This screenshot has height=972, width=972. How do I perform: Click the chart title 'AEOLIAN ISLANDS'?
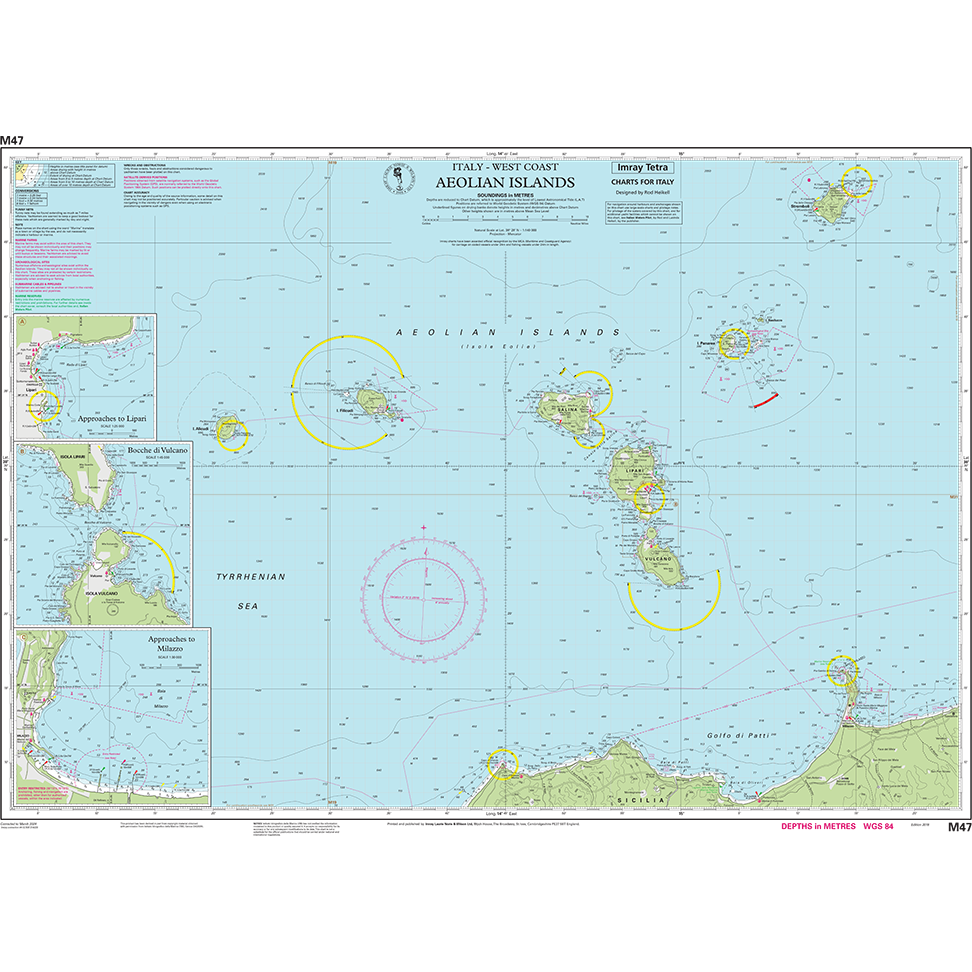coord(505,183)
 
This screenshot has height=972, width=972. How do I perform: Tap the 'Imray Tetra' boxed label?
coord(644,168)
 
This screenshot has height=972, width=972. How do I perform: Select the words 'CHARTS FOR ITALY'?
coord(644,182)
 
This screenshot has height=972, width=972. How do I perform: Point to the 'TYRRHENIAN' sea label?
coord(252,577)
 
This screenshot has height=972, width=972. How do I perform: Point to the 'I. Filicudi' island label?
coord(347,410)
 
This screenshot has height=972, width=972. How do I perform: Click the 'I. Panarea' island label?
coord(708,343)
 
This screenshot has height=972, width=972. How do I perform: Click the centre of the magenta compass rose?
coord(424,596)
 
